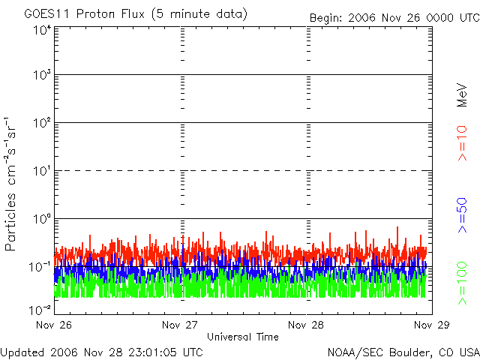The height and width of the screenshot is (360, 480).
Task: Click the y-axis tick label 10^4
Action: pyautogui.click(x=42, y=29)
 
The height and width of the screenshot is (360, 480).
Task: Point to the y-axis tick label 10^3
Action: pyautogui.click(x=42, y=75)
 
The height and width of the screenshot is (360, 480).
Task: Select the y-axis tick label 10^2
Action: pyautogui.click(x=42, y=123)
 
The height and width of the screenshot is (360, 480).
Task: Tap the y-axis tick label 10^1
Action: pyautogui.click(x=42, y=171)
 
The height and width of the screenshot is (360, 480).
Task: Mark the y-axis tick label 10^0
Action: pyautogui.click(x=42, y=219)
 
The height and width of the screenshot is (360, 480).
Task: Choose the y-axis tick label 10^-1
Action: pyautogui.click(x=40, y=266)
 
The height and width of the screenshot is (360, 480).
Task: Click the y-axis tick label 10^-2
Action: pyautogui.click(x=40, y=309)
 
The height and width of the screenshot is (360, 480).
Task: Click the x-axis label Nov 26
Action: pyautogui.click(x=55, y=325)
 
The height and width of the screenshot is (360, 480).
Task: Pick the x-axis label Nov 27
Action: pyautogui.click(x=181, y=325)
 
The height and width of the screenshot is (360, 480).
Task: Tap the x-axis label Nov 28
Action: pyautogui.click(x=307, y=325)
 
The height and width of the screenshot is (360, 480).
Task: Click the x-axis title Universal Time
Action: pyautogui.click(x=243, y=337)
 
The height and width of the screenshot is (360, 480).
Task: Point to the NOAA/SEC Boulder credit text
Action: pyautogui.click(x=403, y=352)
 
